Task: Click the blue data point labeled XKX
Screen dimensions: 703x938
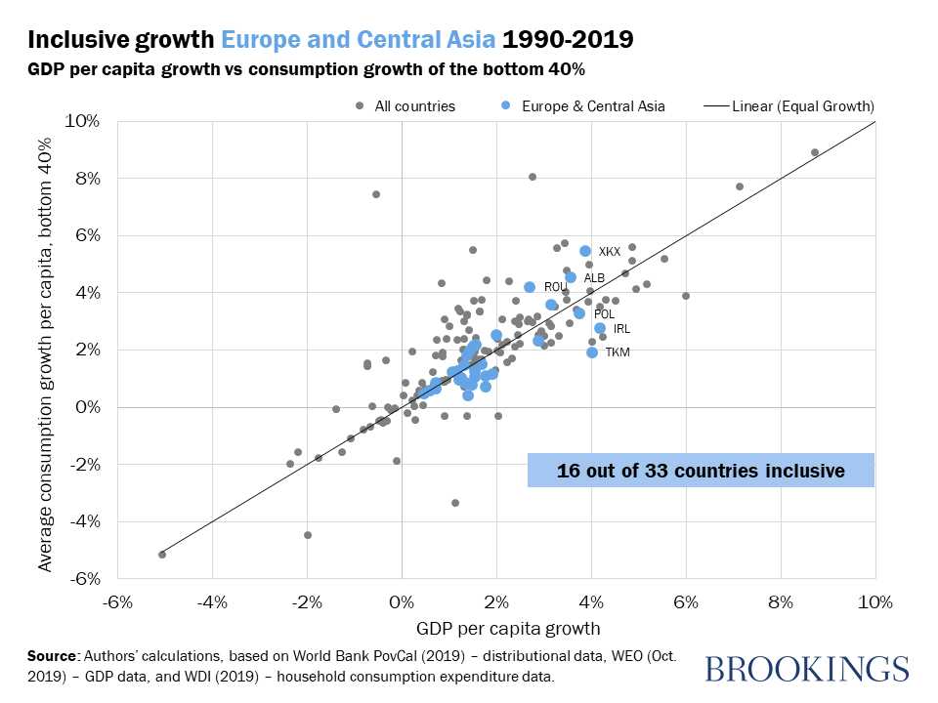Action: click(x=585, y=251)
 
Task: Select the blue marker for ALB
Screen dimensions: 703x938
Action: click(x=571, y=277)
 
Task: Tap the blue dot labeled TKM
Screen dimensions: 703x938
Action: click(x=592, y=352)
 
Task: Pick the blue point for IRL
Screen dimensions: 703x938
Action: click(x=600, y=328)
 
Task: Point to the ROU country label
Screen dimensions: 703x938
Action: click(x=555, y=287)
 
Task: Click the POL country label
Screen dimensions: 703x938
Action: click(x=604, y=314)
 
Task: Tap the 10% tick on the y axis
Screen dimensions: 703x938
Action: click(x=82, y=121)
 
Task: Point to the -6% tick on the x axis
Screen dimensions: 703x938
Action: click(x=117, y=601)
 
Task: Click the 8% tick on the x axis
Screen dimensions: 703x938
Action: click(x=780, y=601)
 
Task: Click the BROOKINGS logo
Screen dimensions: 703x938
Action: click(x=806, y=669)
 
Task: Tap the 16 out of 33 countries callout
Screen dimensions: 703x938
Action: click(x=701, y=471)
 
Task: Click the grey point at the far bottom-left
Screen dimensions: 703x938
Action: click(x=162, y=555)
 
